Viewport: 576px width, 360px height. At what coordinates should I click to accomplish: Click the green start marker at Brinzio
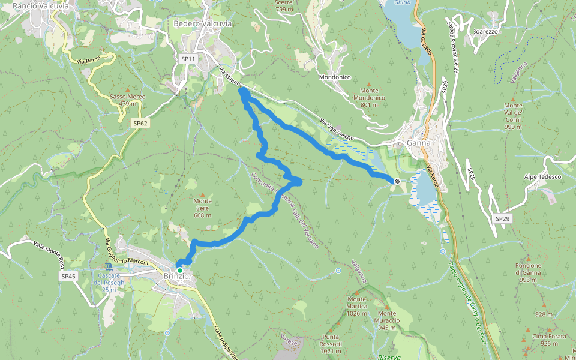(x=179, y=271)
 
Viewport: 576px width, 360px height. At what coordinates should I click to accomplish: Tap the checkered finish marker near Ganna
(x=397, y=181)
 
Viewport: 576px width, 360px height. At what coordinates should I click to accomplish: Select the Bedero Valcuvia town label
(x=202, y=23)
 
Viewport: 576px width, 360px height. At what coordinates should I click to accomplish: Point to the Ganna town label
(x=419, y=143)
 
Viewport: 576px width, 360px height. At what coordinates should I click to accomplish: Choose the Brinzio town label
(x=176, y=277)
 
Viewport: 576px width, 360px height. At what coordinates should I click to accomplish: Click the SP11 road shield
(x=188, y=59)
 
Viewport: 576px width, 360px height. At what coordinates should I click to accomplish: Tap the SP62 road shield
(x=140, y=123)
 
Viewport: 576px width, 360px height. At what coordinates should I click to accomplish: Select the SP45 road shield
(x=68, y=276)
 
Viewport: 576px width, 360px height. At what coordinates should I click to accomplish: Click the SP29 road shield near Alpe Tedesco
(x=502, y=219)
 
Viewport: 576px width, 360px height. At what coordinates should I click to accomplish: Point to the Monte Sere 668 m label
(x=203, y=208)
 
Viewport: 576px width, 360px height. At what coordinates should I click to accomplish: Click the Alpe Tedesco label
(x=542, y=177)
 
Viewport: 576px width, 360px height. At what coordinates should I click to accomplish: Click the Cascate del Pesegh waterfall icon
(x=108, y=266)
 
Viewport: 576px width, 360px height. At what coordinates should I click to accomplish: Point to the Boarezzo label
(x=486, y=31)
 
